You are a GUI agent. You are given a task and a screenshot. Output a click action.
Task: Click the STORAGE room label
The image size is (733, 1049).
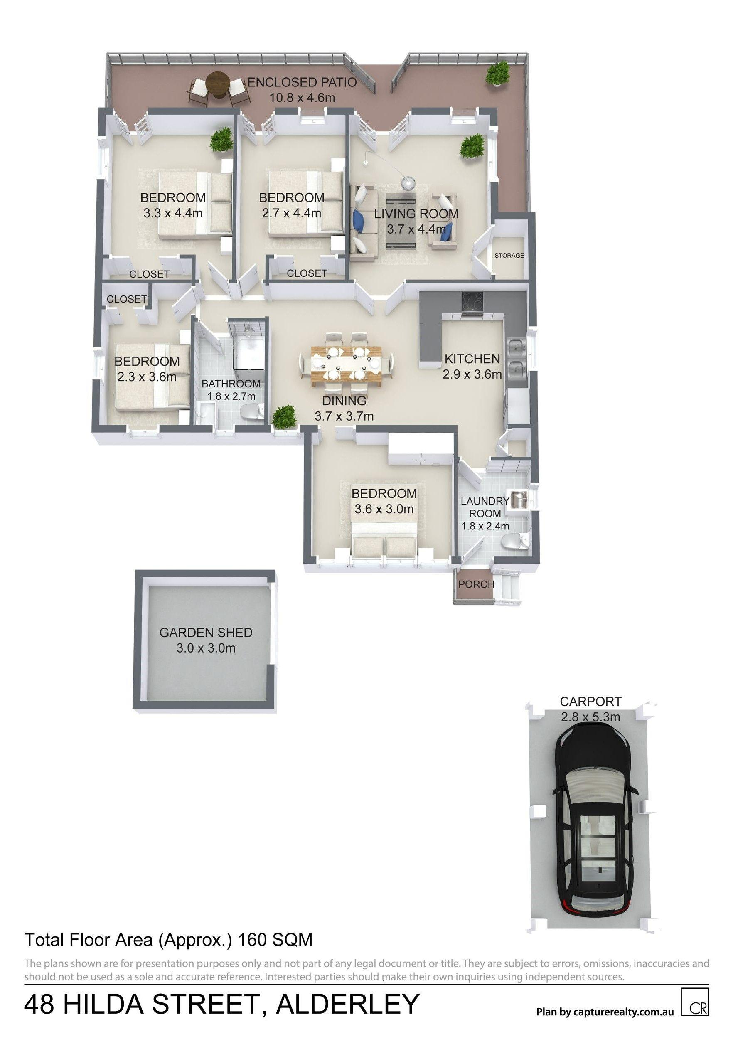click(509, 256)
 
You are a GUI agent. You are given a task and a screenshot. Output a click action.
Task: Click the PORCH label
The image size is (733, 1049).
click(476, 584)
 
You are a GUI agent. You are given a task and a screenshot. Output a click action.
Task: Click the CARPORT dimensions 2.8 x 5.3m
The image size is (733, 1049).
click(590, 717)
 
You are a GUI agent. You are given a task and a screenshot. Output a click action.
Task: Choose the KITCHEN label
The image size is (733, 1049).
click(472, 359)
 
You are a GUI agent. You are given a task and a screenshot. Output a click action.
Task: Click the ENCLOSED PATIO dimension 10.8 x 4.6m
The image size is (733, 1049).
click(303, 97)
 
